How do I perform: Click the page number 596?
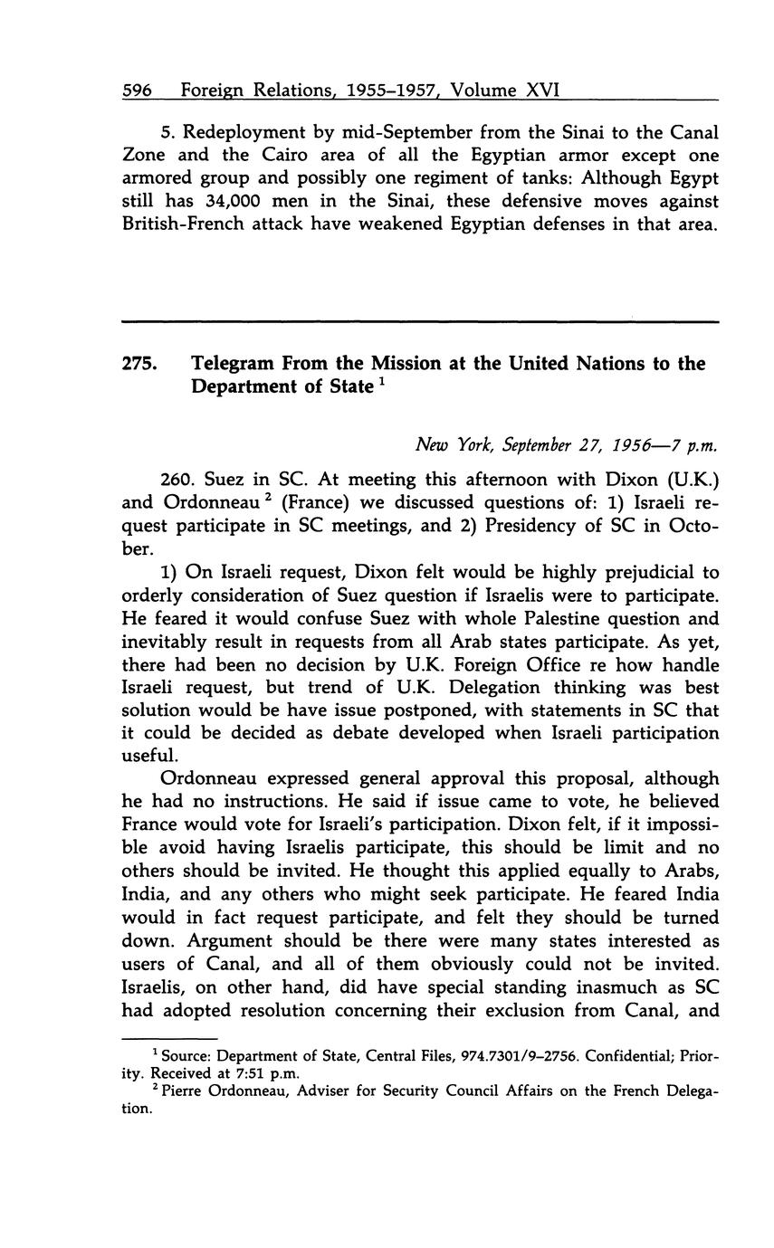tap(136, 91)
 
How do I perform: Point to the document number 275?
tap(139, 364)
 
